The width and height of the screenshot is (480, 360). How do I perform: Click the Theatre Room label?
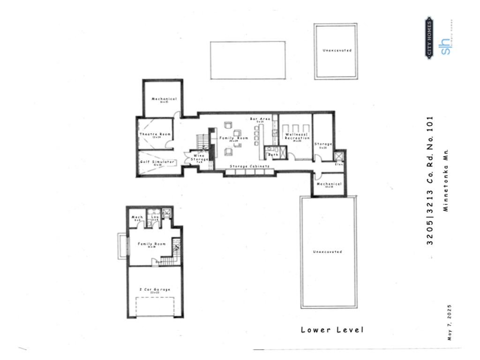[x=155, y=135]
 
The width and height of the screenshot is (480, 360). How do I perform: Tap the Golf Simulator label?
[x=157, y=162]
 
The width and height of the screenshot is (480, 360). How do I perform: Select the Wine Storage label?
[x=199, y=157]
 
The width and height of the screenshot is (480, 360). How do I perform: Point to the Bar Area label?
[x=260, y=119]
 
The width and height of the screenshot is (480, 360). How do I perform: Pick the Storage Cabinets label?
[x=249, y=166]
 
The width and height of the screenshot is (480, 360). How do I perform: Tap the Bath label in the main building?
[x=273, y=154]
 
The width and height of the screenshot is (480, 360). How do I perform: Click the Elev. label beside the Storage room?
[x=339, y=164]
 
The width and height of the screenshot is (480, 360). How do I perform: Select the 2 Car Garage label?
[x=155, y=290]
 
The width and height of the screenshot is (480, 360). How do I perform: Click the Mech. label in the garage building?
[x=137, y=217]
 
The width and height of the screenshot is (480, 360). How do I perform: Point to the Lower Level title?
[x=332, y=330]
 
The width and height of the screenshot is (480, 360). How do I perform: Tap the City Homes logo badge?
[x=429, y=37]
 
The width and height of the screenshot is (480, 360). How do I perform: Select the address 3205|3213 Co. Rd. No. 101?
[x=431, y=180]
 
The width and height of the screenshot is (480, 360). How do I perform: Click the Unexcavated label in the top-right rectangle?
[x=337, y=50]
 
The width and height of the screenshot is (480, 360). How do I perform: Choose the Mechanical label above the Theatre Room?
[x=164, y=99]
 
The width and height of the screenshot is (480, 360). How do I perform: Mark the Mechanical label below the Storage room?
[x=329, y=184]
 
